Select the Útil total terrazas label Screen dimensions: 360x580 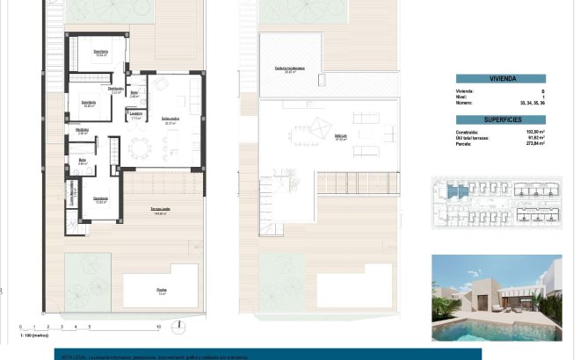479,138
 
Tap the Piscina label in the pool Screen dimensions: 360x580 161,289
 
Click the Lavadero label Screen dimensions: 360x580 136,113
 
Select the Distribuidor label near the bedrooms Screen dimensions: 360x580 115,89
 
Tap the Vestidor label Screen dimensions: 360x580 83,131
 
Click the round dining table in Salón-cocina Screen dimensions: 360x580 141,144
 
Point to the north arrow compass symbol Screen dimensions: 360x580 178,327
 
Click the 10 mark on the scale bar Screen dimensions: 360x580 157,327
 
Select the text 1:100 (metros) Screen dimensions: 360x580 33,335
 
